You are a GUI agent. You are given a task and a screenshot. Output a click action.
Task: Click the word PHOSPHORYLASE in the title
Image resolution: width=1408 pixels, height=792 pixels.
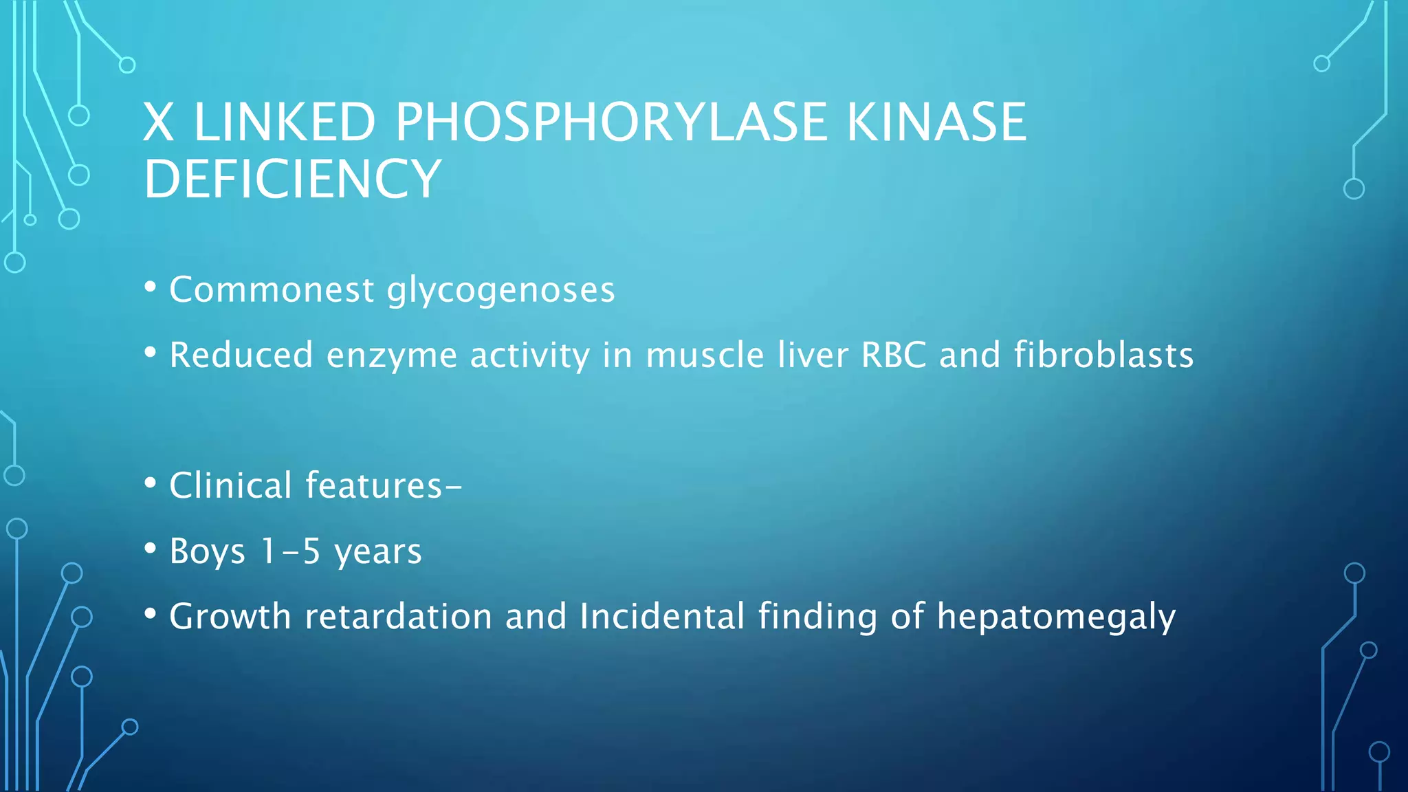pyautogui.click(x=610, y=122)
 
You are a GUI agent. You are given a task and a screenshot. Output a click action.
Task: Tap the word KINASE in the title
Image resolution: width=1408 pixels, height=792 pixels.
pyautogui.click(x=936, y=122)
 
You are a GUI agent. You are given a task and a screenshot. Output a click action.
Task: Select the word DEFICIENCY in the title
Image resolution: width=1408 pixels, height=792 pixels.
pyautogui.click(x=292, y=179)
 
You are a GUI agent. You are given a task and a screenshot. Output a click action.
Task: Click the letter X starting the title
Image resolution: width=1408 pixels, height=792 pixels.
pyautogui.click(x=158, y=122)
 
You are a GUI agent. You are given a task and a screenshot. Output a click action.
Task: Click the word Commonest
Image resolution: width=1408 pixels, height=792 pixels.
pyautogui.click(x=272, y=289)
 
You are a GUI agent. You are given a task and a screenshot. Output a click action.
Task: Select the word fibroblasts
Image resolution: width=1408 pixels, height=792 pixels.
pyautogui.click(x=1103, y=355)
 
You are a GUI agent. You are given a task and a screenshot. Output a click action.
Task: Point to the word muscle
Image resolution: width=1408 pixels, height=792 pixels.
pyautogui.click(x=705, y=355)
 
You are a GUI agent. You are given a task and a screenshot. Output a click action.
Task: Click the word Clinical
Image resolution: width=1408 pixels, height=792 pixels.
pyautogui.click(x=230, y=485)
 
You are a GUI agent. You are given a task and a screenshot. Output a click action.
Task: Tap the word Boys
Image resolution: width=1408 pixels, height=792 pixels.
pyautogui.click(x=207, y=551)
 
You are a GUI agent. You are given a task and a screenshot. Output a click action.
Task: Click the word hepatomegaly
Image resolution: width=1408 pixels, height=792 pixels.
pyautogui.click(x=1056, y=617)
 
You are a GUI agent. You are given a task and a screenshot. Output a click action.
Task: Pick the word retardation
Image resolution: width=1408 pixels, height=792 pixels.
pyautogui.click(x=398, y=616)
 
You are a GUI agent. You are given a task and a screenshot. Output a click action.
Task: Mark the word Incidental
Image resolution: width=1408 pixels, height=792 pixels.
pyautogui.click(x=662, y=616)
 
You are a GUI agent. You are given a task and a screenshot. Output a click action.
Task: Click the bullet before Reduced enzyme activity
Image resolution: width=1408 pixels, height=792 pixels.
pyautogui.click(x=151, y=353)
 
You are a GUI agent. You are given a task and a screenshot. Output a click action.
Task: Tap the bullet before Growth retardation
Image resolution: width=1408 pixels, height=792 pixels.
pyautogui.click(x=151, y=614)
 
